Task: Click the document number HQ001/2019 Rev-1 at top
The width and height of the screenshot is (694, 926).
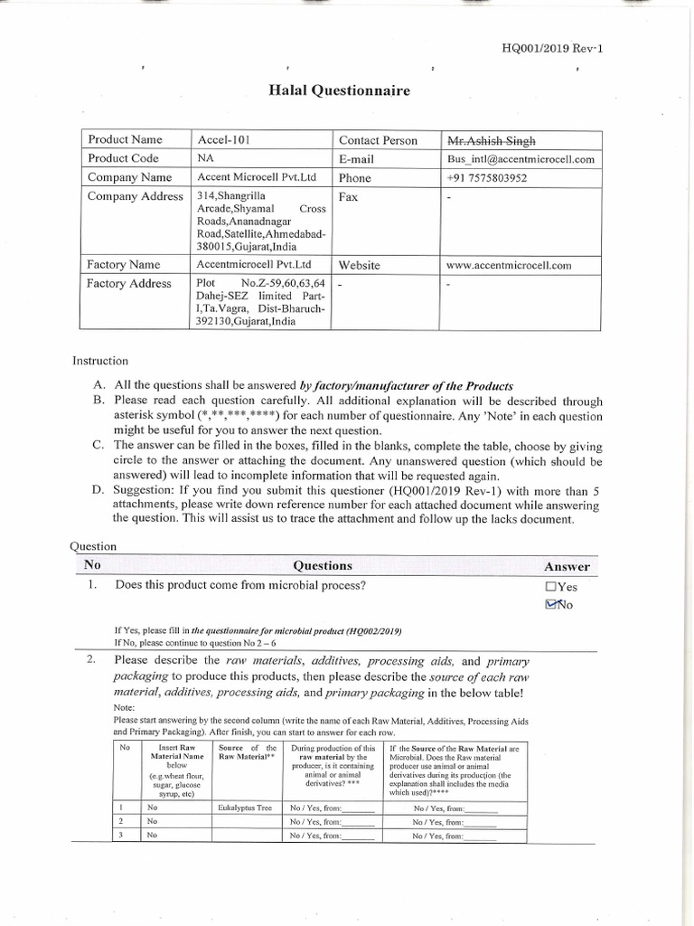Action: coord(550,49)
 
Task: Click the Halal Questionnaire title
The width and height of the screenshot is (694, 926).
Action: coord(340,90)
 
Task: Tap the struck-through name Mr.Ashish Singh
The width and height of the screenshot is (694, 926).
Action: coord(491,140)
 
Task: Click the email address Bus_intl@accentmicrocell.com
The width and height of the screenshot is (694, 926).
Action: coord(521,159)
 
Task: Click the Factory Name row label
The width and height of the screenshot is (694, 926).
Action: coord(124,265)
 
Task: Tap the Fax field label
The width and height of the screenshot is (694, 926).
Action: coord(349,196)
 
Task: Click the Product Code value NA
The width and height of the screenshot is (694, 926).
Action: coord(205,159)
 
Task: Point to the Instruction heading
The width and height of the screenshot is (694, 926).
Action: coord(100,362)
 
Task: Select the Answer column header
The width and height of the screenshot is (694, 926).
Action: coord(567,566)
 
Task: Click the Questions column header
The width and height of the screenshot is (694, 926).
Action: coord(323,565)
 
